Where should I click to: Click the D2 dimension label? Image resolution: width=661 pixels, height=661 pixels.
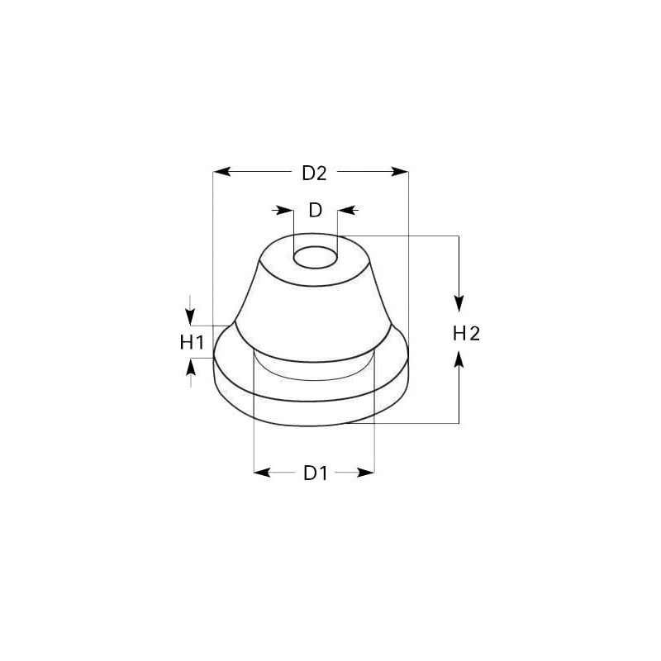[314, 173]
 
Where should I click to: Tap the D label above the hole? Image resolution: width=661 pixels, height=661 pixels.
[316, 210]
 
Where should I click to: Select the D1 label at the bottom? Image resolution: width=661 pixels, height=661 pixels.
[316, 473]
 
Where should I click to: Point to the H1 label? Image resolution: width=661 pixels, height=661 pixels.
[192, 342]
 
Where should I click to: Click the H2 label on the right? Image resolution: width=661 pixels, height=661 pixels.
[466, 334]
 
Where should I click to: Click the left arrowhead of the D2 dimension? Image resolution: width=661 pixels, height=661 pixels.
[221, 172]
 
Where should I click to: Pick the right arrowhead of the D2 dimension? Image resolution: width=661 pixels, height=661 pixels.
[400, 172]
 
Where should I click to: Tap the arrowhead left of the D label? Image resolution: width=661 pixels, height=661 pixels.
[285, 210]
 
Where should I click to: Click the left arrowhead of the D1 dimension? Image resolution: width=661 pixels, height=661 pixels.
[262, 473]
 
